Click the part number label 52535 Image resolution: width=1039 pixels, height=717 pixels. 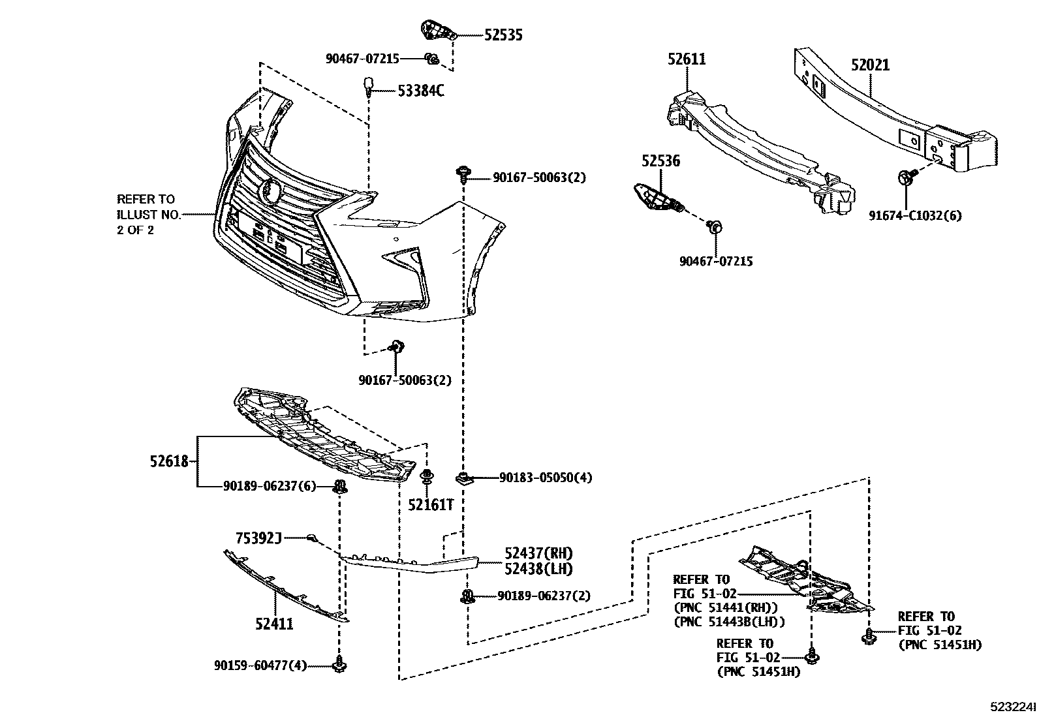[x=503, y=35]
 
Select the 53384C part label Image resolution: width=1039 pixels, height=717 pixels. [x=421, y=91]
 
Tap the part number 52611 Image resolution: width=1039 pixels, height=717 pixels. [x=687, y=59]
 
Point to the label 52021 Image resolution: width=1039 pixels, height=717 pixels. [x=870, y=65]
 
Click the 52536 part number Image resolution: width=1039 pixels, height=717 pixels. [x=660, y=160]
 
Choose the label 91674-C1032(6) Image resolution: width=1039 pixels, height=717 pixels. [x=915, y=215]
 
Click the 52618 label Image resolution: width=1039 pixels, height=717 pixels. [x=169, y=462]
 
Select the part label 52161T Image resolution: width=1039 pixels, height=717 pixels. [x=431, y=504]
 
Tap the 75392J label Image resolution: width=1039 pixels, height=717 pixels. [x=258, y=538]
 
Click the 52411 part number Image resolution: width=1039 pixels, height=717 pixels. [x=274, y=624]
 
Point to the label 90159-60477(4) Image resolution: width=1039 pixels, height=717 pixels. [x=260, y=665]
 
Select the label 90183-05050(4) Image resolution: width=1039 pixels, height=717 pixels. [x=546, y=478]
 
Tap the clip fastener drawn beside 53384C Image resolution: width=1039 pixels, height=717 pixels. [x=369, y=86]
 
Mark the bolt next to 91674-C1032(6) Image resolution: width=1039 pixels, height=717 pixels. [x=906, y=177]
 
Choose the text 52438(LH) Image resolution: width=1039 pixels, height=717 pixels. [x=538, y=569]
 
